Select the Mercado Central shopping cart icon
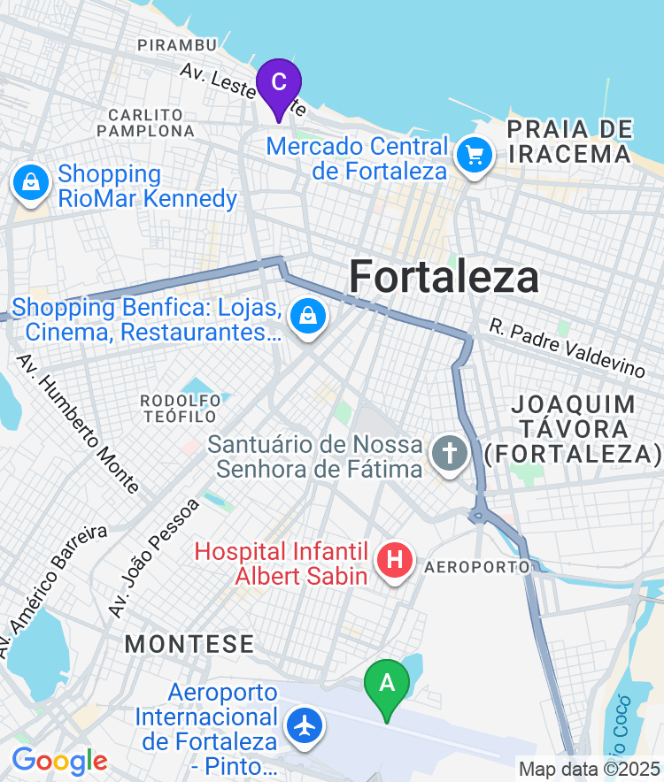[x=475, y=157]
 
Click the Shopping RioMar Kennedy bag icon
[x=31, y=184]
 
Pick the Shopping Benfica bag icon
[x=307, y=316]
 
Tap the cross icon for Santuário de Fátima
[x=449, y=455]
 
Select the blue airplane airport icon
[x=306, y=726]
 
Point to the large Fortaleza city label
[x=444, y=277]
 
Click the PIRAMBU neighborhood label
[x=177, y=44]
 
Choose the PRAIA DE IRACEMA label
[x=571, y=142]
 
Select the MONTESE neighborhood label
[x=189, y=643]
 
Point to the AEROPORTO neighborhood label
[x=478, y=566]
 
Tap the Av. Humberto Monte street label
[x=78, y=423]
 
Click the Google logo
[x=59, y=760]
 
